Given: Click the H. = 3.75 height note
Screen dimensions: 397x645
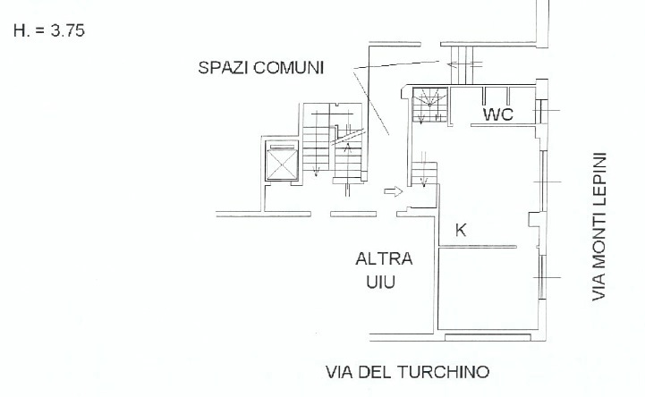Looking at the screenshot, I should (x=49, y=30).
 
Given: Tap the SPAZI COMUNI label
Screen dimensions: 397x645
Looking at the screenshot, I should (x=261, y=68).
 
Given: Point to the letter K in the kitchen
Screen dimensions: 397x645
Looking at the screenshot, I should (x=461, y=230).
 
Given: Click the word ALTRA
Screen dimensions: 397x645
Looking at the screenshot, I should (x=384, y=260).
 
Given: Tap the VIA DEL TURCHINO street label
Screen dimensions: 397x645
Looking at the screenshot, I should (x=407, y=371).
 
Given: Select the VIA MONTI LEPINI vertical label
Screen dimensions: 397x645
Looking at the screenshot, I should (x=598, y=226).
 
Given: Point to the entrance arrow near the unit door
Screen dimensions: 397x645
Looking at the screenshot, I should (x=391, y=190).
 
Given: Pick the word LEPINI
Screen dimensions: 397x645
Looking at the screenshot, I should (x=598, y=178).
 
